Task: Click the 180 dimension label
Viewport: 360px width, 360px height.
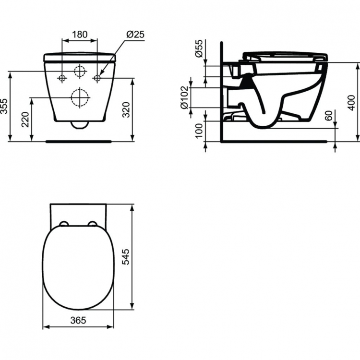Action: pos(80,34)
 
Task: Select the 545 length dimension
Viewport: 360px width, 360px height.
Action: pos(138,257)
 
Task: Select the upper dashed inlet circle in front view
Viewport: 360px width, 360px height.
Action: pos(80,72)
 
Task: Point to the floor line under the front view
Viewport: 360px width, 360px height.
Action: pos(80,142)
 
